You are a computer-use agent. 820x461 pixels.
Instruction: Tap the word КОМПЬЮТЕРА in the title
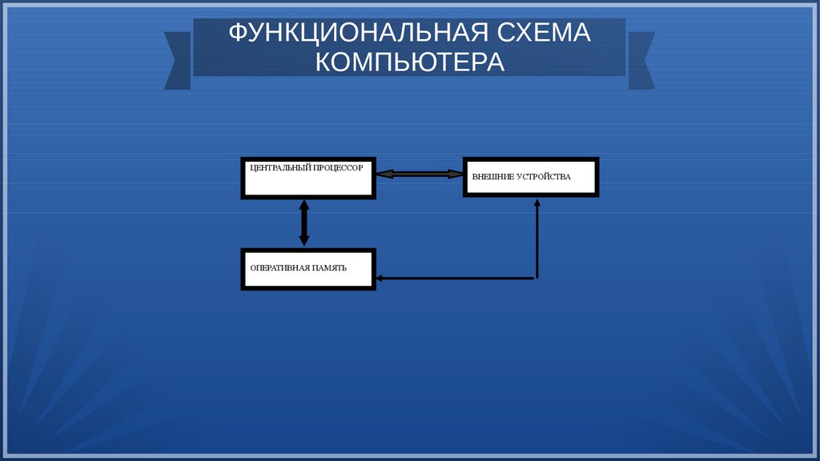click(410, 62)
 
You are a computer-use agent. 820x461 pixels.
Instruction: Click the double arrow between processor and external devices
click(420, 173)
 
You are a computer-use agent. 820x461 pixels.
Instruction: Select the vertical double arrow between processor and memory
click(304, 222)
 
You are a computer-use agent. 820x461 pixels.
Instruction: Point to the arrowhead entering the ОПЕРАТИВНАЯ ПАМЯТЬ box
click(380, 279)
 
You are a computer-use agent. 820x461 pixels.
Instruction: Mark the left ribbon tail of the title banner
click(177, 60)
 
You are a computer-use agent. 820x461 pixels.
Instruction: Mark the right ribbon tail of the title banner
click(641, 60)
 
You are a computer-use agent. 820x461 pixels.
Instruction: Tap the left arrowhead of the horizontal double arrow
click(383, 173)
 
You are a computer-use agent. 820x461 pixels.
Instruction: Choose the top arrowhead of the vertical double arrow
click(304, 205)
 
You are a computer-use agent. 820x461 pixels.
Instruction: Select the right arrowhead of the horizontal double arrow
click(456, 173)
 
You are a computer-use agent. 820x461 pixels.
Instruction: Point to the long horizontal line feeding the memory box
click(456, 279)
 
